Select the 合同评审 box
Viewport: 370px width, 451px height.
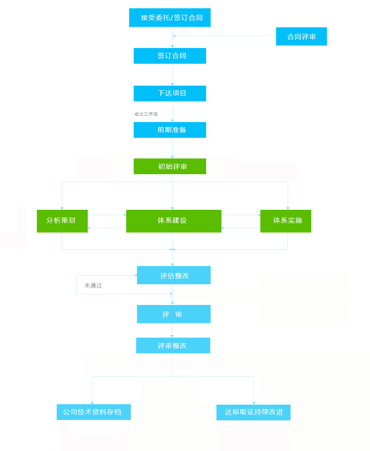pos(301,36)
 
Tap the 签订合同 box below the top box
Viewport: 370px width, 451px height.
pos(170,56)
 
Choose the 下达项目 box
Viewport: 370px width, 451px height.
pos(170,94)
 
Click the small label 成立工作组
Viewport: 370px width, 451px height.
pos(146,114)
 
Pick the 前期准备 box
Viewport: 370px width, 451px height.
pos(170,130)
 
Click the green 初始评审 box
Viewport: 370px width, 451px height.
pos(170,166)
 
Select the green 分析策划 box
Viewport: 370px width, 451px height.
pos(62,221)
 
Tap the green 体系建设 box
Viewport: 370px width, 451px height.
pos(173,221)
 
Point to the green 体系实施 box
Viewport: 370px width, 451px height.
pos(286,221)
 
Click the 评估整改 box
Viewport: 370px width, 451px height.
pos(173,275)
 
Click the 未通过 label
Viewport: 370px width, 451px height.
pos(93,285)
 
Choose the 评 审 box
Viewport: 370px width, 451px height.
pos(173,314)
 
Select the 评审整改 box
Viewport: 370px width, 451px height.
pos(173,345)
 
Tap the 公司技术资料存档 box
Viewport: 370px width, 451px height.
pos(94,412)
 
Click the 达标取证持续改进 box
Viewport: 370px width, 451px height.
pos(253,413)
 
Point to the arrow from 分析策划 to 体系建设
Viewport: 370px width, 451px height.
pos(107,215)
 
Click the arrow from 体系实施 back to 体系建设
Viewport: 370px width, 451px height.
pos(241,228)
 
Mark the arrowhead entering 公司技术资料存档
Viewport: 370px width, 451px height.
pos(92,402)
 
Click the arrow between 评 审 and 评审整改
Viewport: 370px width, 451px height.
pos(172,331)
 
